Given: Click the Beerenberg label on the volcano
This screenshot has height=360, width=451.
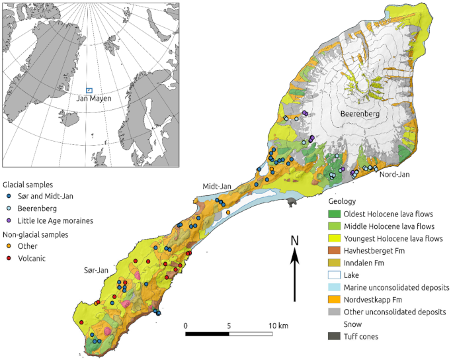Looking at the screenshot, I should click(358, 114).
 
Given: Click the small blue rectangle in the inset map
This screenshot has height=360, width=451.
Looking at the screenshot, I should click(89, 91).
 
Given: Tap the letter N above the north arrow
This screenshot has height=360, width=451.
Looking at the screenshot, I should click(295, 240).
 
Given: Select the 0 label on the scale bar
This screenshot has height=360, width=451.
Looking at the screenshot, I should click(186, 326).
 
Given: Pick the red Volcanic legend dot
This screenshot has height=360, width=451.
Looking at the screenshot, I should click(8, 259).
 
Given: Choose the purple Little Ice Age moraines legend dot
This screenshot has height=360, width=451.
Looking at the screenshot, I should click(8, 220).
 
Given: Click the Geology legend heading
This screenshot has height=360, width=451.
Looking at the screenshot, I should click(343, 201).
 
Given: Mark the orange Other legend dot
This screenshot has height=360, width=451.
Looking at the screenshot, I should click(8, 246).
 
